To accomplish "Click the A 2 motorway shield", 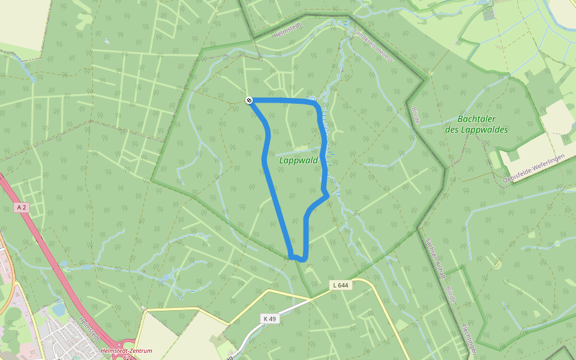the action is (22, 207).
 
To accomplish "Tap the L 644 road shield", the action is (340, 286).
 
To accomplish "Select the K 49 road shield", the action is (269, 319).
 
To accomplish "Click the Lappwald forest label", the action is (298, 160).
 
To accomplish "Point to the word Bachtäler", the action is (476, 119).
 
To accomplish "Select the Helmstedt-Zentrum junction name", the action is (126, 350).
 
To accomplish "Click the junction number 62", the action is (127, 357).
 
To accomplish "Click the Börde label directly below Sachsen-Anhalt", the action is (450, 294).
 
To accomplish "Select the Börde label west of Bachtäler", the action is (415, 115).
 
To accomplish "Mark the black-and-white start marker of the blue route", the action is (248, 100).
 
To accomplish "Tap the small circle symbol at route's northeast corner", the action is (312, 98).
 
